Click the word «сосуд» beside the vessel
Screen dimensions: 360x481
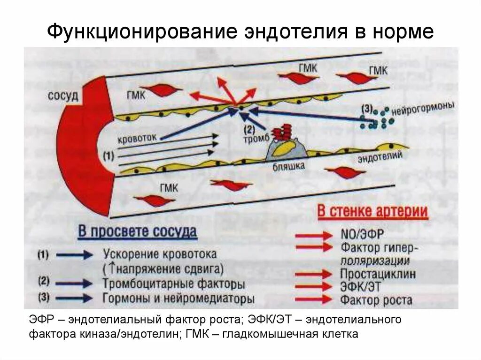point(62,97)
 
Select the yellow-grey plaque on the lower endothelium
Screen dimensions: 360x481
point(286,149)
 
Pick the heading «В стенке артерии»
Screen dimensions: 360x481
point(372,212)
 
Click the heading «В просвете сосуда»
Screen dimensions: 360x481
point(137,232)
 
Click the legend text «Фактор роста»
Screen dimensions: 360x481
point(376,299)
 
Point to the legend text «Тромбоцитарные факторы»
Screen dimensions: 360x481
point(174,284)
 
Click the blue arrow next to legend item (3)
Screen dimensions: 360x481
point(74,298)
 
